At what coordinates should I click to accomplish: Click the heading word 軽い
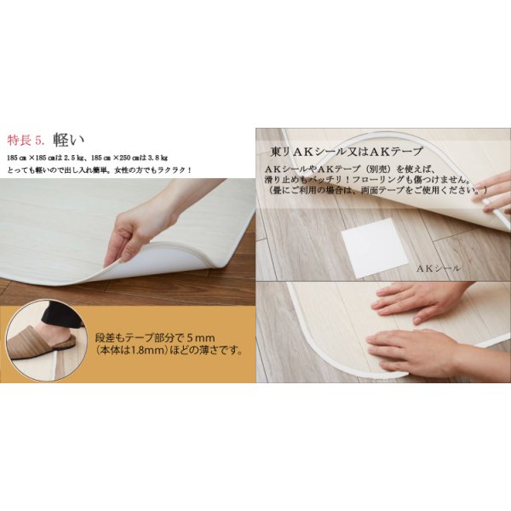pyautogui.click(x=70, y=140)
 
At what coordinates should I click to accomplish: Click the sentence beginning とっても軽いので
pyautogui.click(x=99, y=169)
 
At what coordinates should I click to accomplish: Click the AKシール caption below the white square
pyautogui.click(x=438, y=267)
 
